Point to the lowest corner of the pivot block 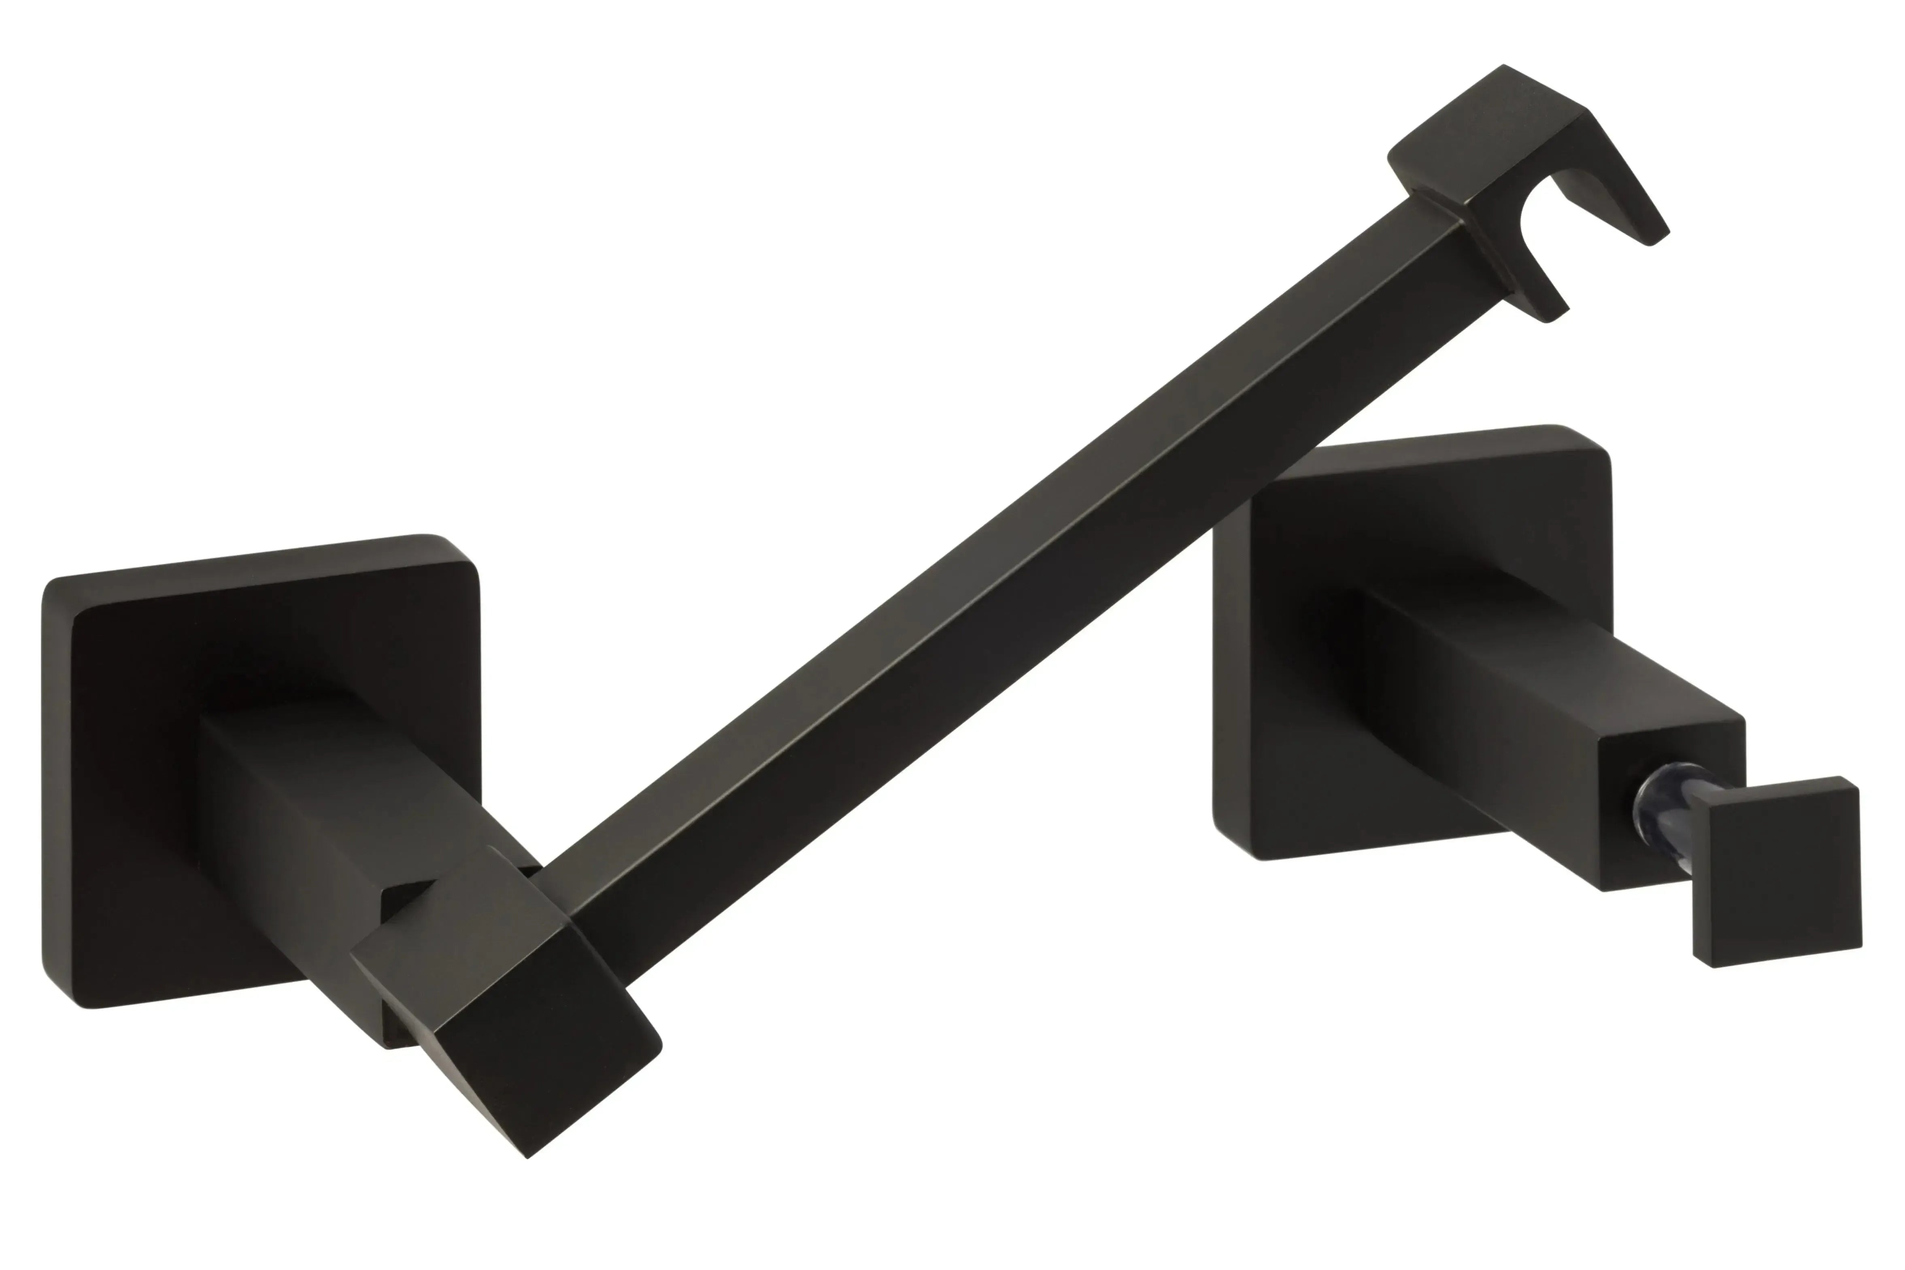pyautogui.click(x=528, y=1157)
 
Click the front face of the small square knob pyautogui.click(x=1781, y=883)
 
